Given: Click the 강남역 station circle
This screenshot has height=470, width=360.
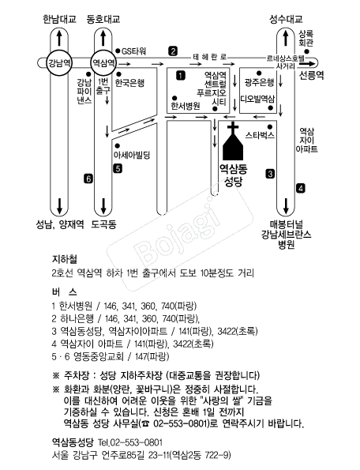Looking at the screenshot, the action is point(59,63).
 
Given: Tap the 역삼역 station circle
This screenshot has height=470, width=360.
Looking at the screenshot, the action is point(103,63).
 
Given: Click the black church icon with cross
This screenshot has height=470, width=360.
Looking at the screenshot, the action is point(234,141).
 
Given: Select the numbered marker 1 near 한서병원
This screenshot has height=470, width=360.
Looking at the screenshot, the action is point(181,75).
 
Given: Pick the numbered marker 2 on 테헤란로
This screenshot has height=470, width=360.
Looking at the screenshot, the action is point(173,51).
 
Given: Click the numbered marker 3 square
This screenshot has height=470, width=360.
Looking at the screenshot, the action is point(270,174).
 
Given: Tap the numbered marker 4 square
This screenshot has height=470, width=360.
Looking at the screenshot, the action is point(301,189).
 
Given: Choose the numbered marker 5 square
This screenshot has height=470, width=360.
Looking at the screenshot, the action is point(118,168).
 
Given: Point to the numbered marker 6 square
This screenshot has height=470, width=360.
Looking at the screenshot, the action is point(88,179).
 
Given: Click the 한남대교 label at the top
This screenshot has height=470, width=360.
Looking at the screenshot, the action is point(59,19).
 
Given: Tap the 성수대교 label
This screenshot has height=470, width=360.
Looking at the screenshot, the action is point(286,19).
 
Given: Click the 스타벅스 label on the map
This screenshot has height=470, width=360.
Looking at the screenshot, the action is point(260,135).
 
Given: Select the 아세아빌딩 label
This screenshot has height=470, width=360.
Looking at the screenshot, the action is point(132,155).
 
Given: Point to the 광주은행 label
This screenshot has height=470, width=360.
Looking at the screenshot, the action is point(260,82).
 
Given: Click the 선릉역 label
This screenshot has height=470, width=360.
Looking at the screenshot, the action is point(312,75).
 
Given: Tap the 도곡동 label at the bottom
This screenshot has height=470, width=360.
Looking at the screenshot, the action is point(103,224).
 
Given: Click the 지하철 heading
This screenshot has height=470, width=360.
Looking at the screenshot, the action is point(65,260).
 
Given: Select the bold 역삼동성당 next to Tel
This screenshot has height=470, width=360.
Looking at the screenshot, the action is point(73,442).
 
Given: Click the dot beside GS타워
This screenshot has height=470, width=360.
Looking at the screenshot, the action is point(118,51).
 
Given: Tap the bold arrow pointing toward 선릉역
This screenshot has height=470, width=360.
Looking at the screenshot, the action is point(307,63).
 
